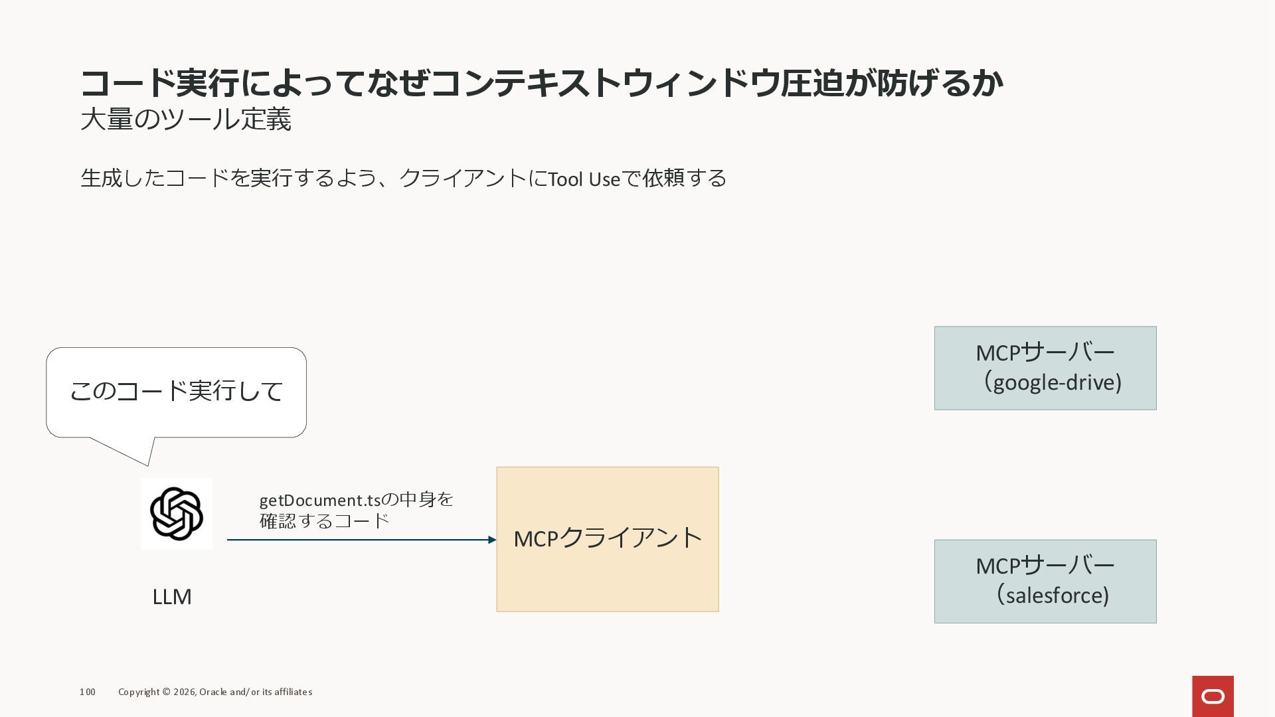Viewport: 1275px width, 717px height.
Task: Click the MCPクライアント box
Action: pyautogui.click(x=607, y=539)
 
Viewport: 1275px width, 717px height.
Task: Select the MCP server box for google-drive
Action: pyautogui.click(x=1045, y=368)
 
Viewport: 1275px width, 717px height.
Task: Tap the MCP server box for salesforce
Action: pyautogui.click(x=1045, y=581)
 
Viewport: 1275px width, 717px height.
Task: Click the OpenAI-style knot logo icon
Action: pyautogui.click(x=176, y=514)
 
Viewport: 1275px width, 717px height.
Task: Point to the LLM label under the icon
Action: pyautogui.click(x=172, y=597)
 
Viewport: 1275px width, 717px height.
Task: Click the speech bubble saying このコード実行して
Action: pyautogui.click(x=176, y=392)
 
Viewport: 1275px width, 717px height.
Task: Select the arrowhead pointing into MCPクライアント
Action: pyautogui.click(x=492, y=540)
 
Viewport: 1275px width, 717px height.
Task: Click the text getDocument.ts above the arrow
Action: pyautogui.click(x=319, y=500)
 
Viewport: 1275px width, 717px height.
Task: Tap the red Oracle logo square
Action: pyautogui.click(x=1213, y=696)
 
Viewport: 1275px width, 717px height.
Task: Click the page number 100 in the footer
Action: pyautogui.click(x=87, y=692)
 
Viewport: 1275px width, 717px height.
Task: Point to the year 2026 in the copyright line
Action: pyautogui.click(x=184, y=692)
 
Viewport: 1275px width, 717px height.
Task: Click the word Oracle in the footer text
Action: pyautogui.click(x=213, y=692)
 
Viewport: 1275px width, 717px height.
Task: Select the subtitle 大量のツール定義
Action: pyautogui.click(x=186, y=120)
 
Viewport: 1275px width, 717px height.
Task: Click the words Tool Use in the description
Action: pyautogui.click(x=584, y=179)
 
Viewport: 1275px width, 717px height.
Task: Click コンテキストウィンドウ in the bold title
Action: pyautogui.click(x=604, y=83)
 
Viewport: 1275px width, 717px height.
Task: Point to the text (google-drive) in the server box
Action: pyautogui.click(x=1053, y=382)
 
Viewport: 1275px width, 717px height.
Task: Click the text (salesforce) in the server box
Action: pyautogui.click(x=1053, y=596)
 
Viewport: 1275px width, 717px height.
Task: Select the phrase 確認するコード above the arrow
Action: pyautogui.click(x=324, y=521)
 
